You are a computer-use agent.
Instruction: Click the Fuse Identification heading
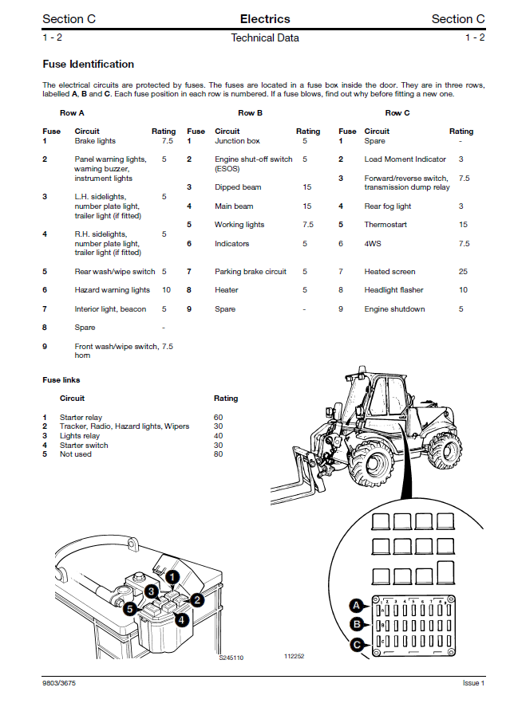[88, 64]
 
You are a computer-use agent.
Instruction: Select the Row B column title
[251, 113]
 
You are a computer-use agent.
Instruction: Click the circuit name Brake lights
[95, 141]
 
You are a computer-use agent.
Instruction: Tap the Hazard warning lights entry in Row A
[112, 290]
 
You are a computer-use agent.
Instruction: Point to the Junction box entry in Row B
[237, 141]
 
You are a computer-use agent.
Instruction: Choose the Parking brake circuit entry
[250, 272]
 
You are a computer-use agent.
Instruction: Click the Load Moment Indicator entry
[405, 159]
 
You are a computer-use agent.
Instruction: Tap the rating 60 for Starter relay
[219, 418]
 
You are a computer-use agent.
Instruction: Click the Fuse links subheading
[61, 380]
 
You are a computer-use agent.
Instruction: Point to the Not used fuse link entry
[76, 454]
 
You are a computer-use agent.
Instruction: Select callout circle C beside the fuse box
[358, 644]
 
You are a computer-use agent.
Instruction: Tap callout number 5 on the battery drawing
[129, 607]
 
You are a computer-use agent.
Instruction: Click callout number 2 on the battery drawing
[196, 599]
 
